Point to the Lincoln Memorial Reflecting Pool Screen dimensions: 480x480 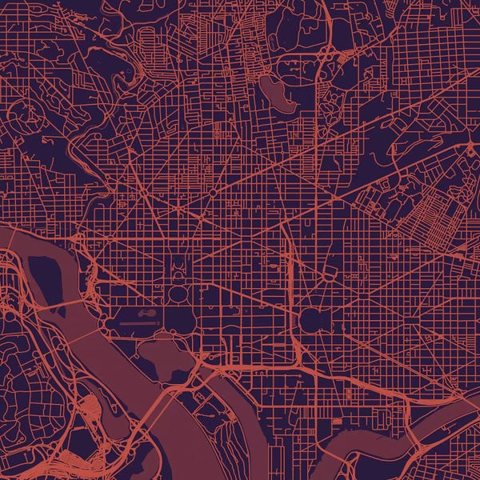(x=136, y=323)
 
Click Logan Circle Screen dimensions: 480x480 (x=212, y=193)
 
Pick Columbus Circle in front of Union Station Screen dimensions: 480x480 (x=329, y=272)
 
